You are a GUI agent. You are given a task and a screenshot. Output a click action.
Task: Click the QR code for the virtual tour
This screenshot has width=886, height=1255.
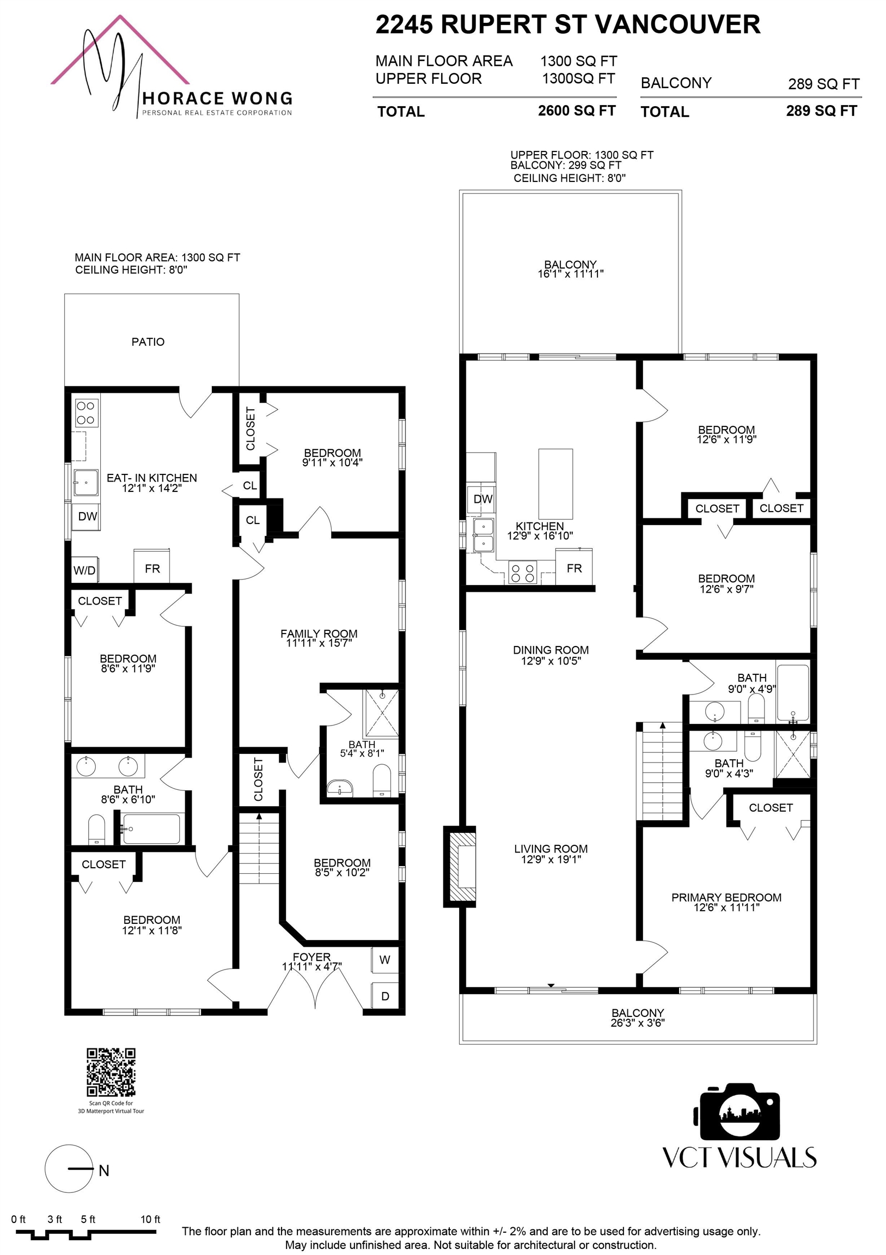pos(111,1072)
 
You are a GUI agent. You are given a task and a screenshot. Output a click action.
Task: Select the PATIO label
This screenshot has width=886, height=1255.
pos(148,342)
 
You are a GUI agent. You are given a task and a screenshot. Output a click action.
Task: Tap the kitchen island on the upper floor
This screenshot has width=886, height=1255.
pos(555,484)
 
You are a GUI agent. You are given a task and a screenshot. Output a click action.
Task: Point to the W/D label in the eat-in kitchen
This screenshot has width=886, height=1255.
pos(84,571)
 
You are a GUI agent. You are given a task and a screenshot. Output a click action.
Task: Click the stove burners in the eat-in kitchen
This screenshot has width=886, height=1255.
pos(86,413)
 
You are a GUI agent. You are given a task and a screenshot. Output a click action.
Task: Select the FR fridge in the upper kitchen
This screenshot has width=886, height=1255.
pos(574,568)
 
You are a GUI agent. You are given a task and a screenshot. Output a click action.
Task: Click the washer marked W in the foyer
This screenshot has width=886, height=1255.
pos(385,959)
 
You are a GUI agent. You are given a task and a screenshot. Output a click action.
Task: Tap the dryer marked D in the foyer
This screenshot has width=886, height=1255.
pos(385,996)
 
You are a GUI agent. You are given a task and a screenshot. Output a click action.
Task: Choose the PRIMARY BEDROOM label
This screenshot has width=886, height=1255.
pos(726,898)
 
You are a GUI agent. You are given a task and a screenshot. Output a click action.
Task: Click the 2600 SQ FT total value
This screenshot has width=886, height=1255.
pos(577,111)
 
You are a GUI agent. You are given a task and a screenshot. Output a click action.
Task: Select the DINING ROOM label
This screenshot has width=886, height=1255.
pos(551,650)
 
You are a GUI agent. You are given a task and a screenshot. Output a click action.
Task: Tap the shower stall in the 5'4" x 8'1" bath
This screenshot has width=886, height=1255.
pos(382,714)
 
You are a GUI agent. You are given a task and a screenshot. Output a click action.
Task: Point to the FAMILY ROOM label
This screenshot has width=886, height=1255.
pos(319,633)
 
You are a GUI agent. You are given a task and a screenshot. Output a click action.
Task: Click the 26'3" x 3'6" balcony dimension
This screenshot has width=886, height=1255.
pos(637,1023)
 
